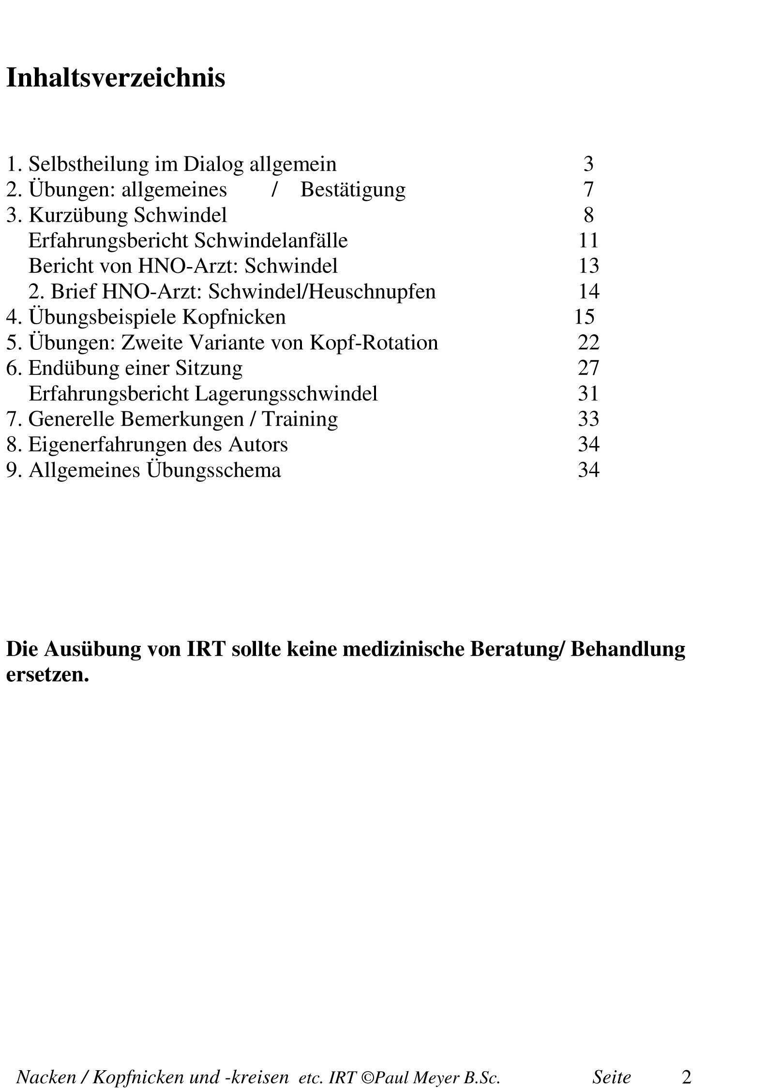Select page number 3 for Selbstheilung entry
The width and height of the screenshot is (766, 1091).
coord(588,164)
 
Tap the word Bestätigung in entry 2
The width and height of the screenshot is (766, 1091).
coord(353,190)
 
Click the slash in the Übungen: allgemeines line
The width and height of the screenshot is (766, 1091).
coord(274,189)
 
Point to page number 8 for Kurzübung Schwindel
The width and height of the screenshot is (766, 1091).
coord(588,215)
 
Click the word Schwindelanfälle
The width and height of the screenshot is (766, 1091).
coord(271,240)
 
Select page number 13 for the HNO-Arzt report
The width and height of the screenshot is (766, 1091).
coord(588,266)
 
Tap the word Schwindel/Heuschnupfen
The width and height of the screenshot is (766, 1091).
coord(322,291)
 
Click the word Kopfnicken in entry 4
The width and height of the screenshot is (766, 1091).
coord(234,317)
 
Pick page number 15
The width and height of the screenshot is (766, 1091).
coord(584,316)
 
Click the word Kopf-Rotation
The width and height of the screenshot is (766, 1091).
coord(374,343)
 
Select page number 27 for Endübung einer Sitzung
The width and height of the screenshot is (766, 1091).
coord(588,368)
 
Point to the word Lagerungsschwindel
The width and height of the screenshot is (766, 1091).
coord(285,393)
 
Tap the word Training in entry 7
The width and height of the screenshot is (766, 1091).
coord(300,419)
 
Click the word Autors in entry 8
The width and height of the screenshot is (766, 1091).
coord(258,444)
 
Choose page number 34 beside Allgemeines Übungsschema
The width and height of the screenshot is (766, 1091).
coord(588,470)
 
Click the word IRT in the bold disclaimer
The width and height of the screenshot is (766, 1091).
coord(206,649)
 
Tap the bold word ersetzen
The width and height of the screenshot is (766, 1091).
coord(47,675)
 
